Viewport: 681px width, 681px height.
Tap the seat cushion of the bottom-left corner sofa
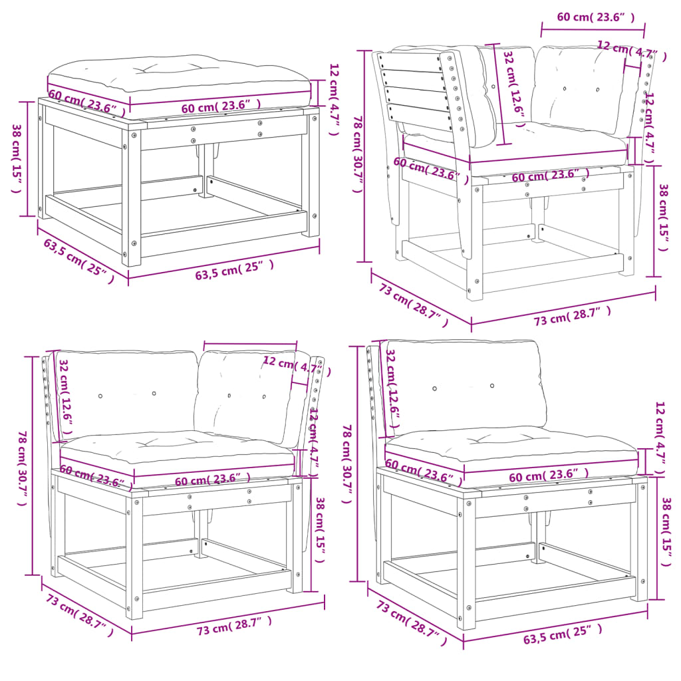point(176,449)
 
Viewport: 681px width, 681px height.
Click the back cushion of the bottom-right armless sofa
point(466,386)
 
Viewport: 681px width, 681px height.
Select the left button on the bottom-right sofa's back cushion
point(434,388)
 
